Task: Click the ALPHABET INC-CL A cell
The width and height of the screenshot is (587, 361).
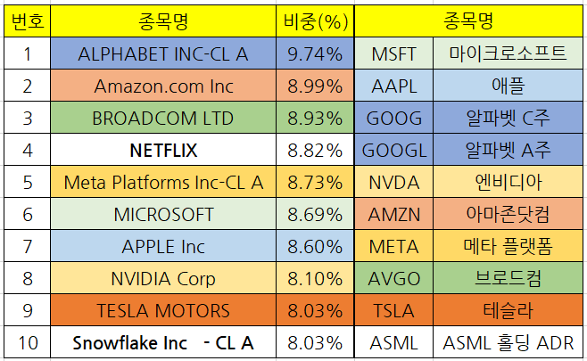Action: tap(163, 53)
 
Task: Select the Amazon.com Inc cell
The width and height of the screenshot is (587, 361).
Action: tap(163, 86)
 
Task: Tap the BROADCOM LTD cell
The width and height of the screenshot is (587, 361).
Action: tap(163, 118)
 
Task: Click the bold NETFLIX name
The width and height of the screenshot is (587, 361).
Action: tap(163, 150)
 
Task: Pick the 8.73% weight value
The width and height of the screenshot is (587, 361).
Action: tap(315, 182)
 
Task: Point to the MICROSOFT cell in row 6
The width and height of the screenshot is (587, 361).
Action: tap(163, 214)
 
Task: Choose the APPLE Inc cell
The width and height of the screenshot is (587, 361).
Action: tap(163, 246)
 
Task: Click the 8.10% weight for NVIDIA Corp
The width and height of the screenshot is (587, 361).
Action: tap(315, 278)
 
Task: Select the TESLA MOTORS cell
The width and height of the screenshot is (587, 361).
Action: tap(163, 310)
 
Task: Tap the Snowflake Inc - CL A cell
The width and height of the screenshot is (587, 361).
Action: tap(163, 342)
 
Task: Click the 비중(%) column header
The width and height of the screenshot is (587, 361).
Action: tap(315, 21)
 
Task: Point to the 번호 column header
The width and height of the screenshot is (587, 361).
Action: tap(27, 21)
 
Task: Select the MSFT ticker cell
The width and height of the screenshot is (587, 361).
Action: tap(393, 53)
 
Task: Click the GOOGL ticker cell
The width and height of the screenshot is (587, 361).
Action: tap(393, 150)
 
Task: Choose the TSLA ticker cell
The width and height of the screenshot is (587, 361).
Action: tap(393, 310)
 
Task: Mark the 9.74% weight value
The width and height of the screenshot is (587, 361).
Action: tap(315, 53)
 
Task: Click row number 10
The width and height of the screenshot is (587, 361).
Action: tap(27, 342)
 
